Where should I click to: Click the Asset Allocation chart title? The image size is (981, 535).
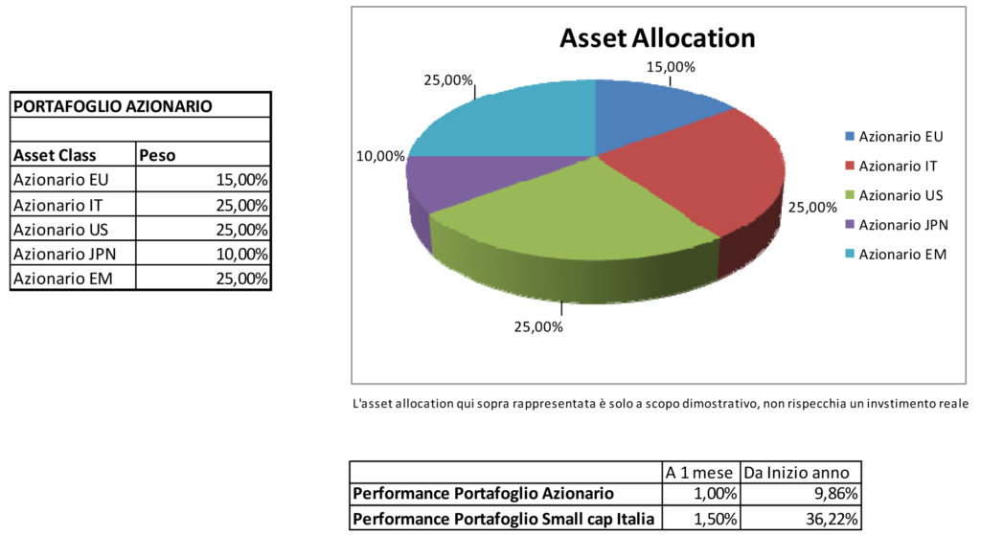(657, 38)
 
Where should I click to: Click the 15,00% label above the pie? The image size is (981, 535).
(670, 67)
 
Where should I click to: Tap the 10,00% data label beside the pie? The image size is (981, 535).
(379, 156)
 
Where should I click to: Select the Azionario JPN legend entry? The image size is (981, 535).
(901, 225)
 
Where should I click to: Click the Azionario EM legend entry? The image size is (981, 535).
(901, 255)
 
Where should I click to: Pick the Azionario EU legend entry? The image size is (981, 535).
(901, 136)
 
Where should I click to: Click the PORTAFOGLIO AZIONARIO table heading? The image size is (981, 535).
(113, 105)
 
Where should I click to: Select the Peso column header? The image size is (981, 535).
(159, 155)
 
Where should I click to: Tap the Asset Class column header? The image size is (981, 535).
(55, 155)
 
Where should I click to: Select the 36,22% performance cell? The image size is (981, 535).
(834, 520)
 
